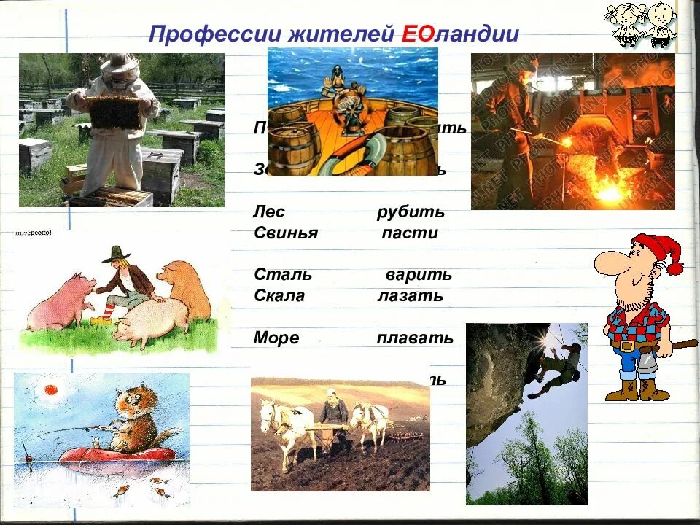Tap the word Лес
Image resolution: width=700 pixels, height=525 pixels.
tap(270, 212)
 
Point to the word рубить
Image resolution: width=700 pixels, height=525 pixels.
tap(411, 212)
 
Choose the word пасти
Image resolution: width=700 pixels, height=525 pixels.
tap(411, 233)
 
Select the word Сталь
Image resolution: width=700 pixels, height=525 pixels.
tap(283, 275)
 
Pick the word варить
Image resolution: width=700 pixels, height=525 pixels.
tap(419, 275)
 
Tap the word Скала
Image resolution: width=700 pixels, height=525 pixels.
tap(279, 296)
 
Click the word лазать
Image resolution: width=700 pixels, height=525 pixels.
tap(410, 296)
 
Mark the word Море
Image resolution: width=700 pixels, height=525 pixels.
tap(276, 338)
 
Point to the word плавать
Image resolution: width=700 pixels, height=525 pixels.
tap(415, 338)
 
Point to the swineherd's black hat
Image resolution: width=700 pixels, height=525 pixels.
tap(114, 254)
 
